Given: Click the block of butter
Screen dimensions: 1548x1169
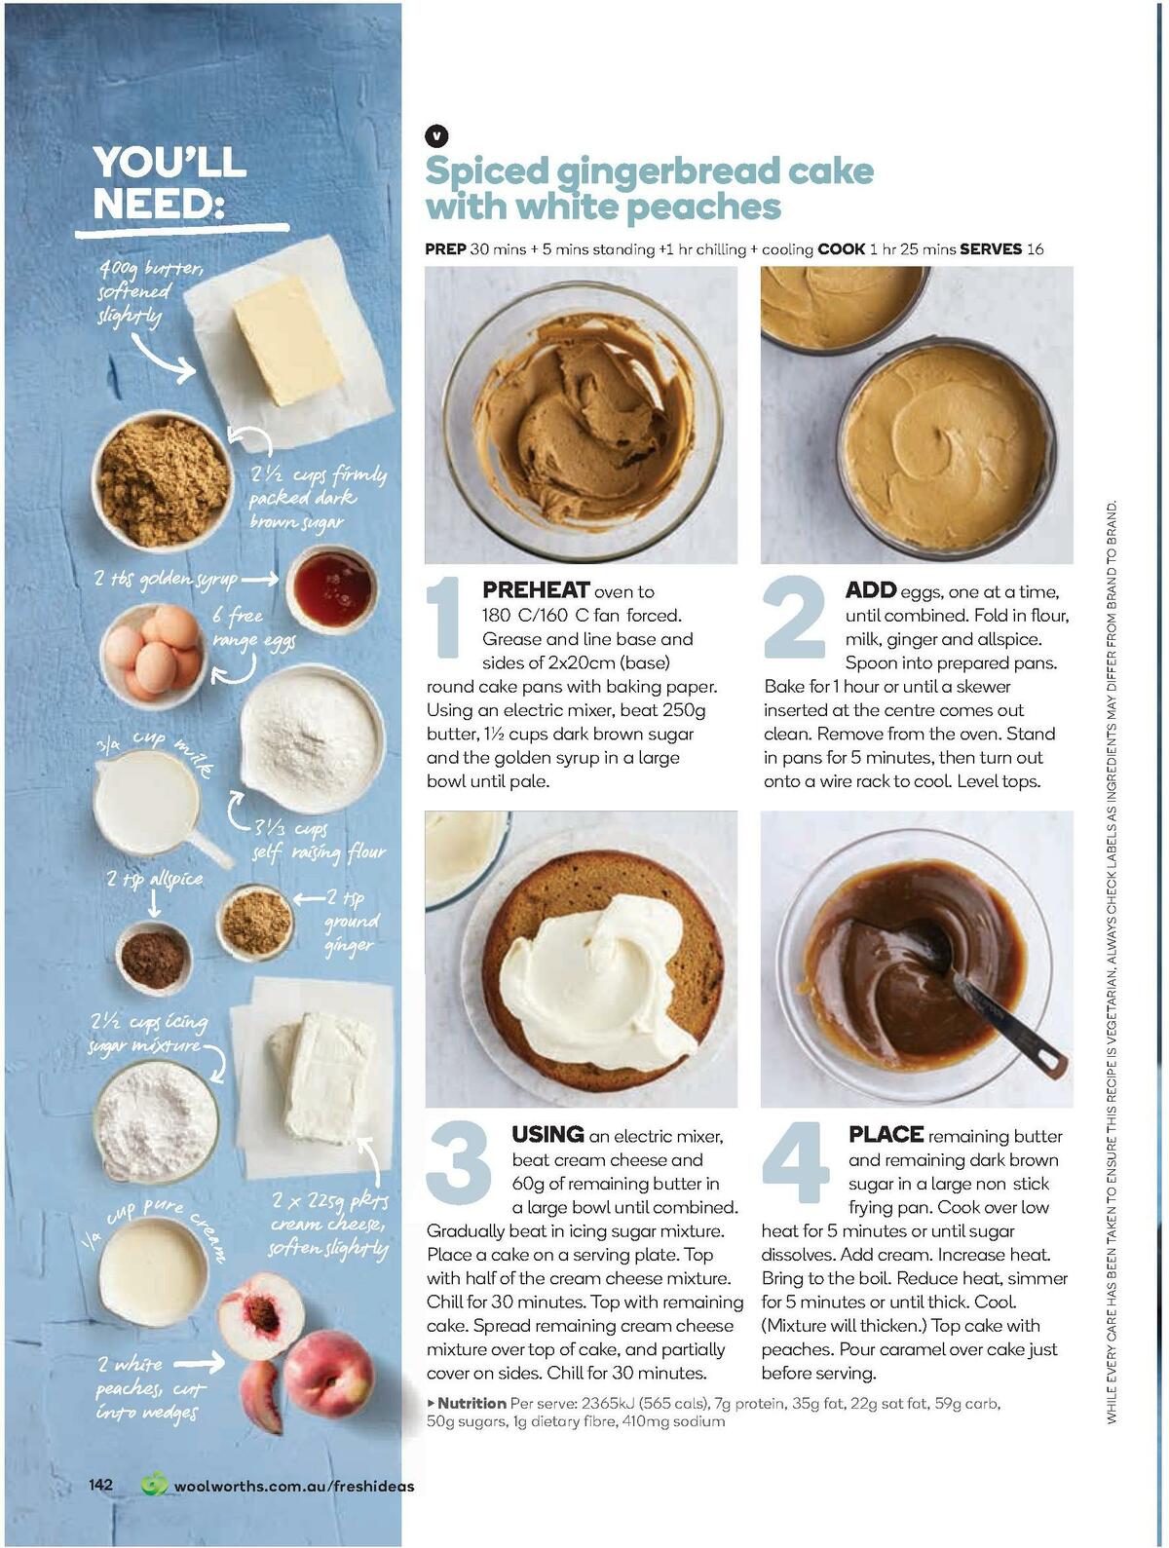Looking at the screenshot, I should pos(287,340).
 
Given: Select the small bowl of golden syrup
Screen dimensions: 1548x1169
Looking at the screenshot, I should pos(332,588).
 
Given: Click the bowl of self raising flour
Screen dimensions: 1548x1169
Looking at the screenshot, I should pos(311,736).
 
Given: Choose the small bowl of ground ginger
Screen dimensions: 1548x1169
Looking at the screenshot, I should pos(255,921).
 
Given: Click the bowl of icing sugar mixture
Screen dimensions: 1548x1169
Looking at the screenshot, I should pos(156,1119).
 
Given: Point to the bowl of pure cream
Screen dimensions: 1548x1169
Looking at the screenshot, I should pos(152,1270).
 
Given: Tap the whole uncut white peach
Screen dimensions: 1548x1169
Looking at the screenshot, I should pos(328,1374).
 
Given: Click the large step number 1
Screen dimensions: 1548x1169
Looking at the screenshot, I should pos(447,616).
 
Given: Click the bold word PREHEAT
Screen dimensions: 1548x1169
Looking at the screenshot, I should pos(536,590).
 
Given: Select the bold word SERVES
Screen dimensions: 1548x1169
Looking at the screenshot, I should pos(990,249).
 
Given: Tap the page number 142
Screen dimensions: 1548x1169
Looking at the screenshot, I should pos(101,1485).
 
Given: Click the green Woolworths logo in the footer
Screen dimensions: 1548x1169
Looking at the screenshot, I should pos(154,1485).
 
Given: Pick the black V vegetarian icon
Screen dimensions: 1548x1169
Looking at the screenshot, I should pos(436,136).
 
